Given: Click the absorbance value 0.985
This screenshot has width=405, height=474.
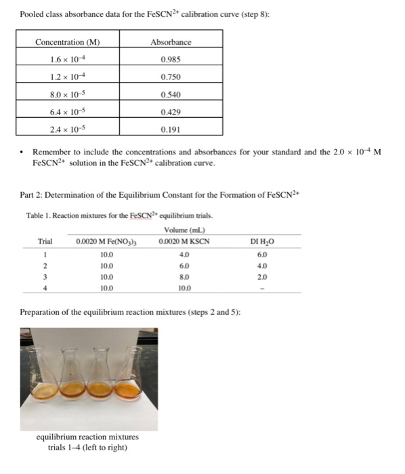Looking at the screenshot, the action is [170, 59].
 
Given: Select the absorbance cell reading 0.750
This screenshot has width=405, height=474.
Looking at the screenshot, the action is [170, 77].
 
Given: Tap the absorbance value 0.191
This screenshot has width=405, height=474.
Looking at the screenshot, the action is [170, 128].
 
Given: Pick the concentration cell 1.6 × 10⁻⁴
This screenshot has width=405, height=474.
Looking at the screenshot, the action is [67, 59].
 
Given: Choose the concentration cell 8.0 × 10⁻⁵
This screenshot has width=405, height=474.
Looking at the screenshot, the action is [67, 93].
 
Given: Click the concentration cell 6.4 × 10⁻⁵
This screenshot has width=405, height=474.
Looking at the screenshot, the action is [67, 110].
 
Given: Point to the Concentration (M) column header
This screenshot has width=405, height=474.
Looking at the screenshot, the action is [67, 42].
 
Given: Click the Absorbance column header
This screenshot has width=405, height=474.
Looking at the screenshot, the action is [170, 42].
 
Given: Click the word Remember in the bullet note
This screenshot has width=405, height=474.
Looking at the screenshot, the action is [51, 154].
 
